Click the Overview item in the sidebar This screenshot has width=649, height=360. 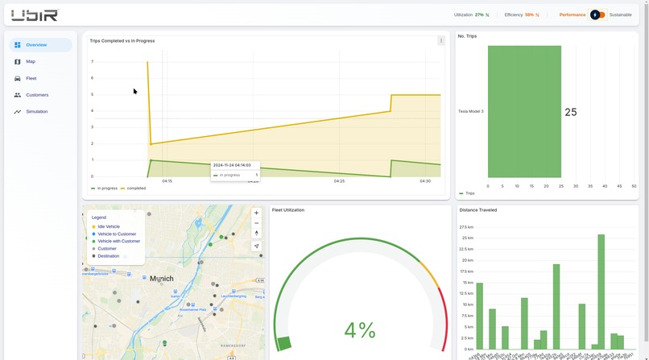(x=36, y=45)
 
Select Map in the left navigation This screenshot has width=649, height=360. (x=31, y=62)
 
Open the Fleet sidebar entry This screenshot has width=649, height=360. (x=31, y=78)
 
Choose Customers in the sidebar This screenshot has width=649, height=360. (x=37, y=95)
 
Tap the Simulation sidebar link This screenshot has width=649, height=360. (x=37, y=112)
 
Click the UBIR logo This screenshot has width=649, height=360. (x=35, y=14)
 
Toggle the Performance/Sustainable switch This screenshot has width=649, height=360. (x=597, y=14)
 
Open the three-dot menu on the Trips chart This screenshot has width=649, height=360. (x=441, y=40)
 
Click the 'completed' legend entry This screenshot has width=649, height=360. (x=136, y=188)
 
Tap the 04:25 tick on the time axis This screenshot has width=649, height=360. (x=339, y=181)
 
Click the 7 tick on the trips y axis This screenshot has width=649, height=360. (x=92, y=61)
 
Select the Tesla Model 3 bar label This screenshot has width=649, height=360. (x=471, y=111)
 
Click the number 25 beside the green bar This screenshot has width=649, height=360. (x=571, y=112)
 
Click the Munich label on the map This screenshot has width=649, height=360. (x=162, y=279)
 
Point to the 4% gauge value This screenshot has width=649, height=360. (x=360, y=330)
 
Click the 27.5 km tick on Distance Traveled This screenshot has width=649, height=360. (x=467, y=227)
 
